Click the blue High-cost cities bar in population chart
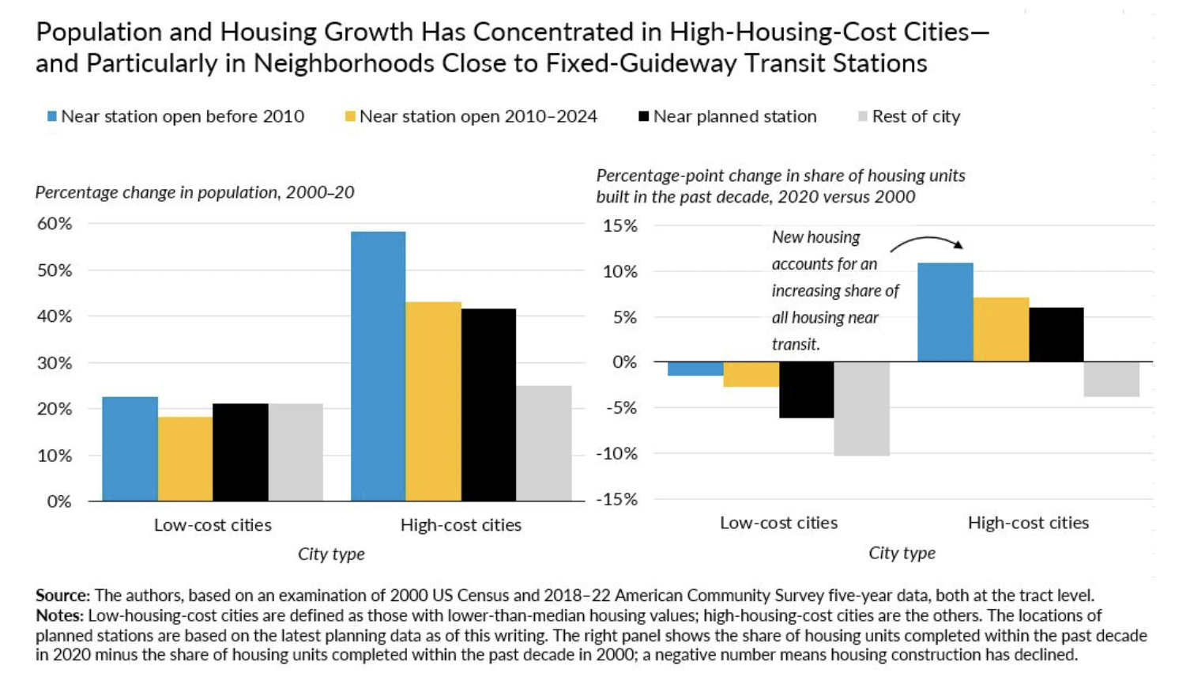click(378, 366)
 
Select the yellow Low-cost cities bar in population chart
click(185, 459)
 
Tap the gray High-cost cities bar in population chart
click(544, 443)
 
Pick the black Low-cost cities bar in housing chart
click(806, 390)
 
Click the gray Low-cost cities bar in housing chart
click(861, 409)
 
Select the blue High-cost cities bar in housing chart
click(945, 312)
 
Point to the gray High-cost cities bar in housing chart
click(1111, 380)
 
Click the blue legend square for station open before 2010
click(52, 117)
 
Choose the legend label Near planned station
click(734, 117)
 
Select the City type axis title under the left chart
click(331, 554)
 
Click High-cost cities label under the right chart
click(1028, 523)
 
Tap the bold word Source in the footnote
click(62, 596)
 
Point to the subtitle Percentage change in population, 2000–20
click(194, 192)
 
